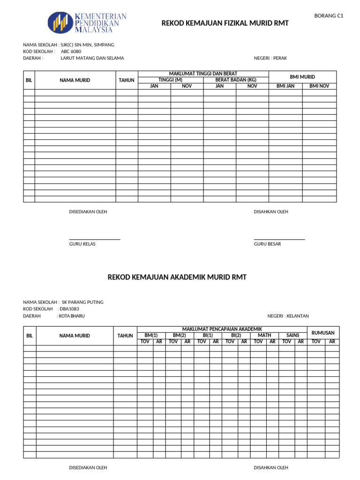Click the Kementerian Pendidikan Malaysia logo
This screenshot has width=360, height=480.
point(87,22)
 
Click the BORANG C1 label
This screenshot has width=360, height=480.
point(329,16)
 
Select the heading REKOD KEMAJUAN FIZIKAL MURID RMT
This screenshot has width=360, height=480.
point(225,23)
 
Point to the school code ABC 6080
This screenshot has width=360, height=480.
point(71,52)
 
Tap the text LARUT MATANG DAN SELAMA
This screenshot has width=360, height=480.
point(92,58)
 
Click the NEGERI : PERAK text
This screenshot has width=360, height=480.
point(270,58)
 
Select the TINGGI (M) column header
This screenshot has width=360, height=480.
point(170,80)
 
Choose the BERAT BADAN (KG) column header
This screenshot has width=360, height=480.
point(236,80)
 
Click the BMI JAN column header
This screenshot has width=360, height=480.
point(285,86)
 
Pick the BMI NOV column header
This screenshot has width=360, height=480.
point(319,86)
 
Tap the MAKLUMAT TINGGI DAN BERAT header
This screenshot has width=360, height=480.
point(203,74)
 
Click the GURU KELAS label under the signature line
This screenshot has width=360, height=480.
point(82,244)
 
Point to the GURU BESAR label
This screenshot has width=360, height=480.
point(267,244)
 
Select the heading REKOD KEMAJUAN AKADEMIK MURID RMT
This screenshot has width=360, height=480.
point(177,277)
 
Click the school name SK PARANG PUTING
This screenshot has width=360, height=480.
point(86,302)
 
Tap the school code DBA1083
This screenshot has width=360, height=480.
point(69,309)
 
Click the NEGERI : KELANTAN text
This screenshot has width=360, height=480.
point(288,316)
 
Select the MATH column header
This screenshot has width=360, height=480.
point(264,336)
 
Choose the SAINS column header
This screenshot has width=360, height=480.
point(292,336)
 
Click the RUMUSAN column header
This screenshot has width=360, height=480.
point(323,333)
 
